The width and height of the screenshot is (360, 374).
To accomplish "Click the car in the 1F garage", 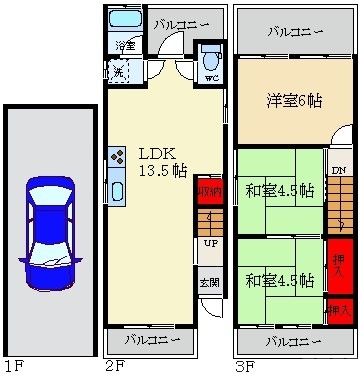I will tap(50, 231).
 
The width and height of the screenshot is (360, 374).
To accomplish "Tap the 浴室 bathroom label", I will tap(125, 46).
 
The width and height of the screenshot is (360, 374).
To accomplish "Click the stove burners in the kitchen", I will tap(116, 157).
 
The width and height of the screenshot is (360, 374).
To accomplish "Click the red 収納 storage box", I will tap(209, 192).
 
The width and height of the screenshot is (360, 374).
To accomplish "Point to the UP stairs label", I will tap(210, 243).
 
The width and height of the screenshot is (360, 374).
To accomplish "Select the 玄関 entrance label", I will tap(209, 282).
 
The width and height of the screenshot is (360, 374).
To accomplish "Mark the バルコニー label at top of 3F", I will tap(294, 31).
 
